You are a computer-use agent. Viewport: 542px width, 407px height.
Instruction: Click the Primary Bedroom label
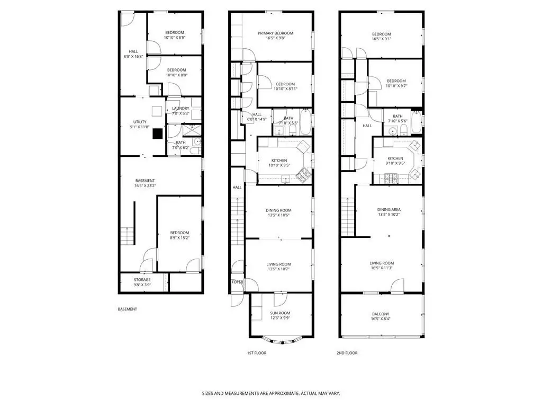(275, 33)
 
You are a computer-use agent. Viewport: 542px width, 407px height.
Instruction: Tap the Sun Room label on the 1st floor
(280, 313)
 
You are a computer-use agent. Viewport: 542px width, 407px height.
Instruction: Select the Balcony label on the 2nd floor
(381, 314)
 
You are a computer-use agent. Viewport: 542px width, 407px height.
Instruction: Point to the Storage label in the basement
(142, 280)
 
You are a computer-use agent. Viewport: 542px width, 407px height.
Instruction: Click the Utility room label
(140, 122)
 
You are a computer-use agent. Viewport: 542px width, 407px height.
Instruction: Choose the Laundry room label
(180, 108)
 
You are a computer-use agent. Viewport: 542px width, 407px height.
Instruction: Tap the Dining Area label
(389, 210)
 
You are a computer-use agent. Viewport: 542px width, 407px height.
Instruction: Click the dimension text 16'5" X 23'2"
(145, 186)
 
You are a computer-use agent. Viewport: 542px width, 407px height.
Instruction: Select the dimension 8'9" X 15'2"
(180, 238)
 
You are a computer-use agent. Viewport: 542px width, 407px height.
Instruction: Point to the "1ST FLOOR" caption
(257, 353)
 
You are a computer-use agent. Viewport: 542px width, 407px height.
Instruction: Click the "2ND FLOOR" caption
(347, 353)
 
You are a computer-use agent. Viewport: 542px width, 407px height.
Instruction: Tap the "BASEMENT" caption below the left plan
(127, 309)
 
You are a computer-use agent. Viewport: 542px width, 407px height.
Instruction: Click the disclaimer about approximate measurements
(271, 394)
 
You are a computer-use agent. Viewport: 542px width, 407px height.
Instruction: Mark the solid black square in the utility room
(158, 134)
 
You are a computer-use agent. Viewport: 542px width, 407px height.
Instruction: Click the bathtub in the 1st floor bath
(305, 122)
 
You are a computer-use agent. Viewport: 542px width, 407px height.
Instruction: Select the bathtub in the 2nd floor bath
(416, 122)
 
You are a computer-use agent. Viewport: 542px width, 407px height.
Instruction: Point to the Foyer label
(238, 282)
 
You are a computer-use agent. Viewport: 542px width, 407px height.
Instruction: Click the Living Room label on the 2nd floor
(382, 263)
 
